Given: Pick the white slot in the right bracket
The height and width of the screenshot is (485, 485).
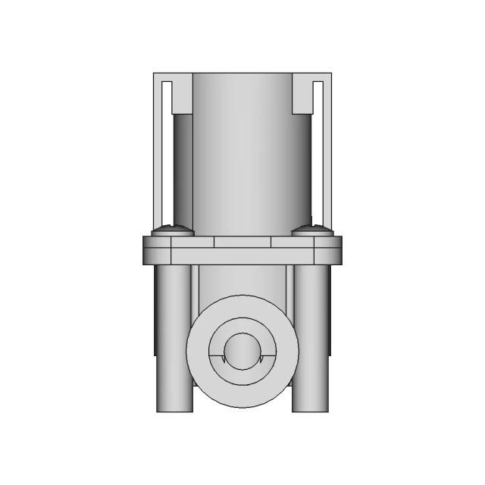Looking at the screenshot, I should [x=318, y=152].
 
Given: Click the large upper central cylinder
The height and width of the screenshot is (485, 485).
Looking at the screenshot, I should [x=242, y=152].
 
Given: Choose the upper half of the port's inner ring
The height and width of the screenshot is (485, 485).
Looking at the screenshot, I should [x=242, y=324].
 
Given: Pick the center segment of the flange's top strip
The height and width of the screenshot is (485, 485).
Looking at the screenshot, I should [x=242, y=242].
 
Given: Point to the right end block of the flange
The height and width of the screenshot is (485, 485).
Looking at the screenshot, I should [x=328, y=250].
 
